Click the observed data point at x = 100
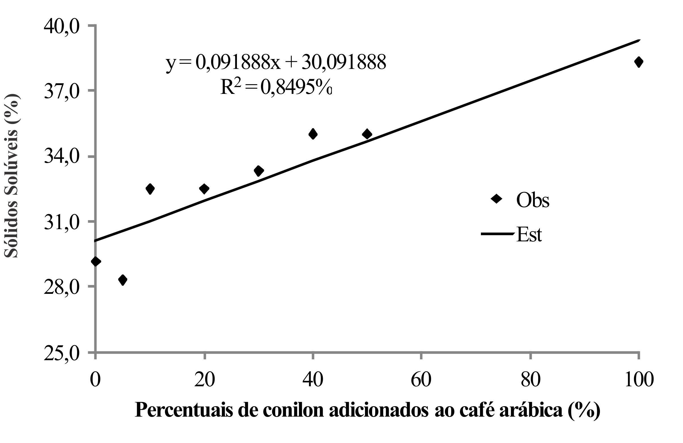[x=639, y=62]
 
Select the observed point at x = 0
[x=96, y=261]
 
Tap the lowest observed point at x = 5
[x=123, y=279]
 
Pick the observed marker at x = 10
[x=150, y=189]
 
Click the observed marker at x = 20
[x=204, y=189]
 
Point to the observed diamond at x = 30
[x=259, y=171]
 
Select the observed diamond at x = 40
[x=313, y=134]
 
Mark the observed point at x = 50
[x=367, y=134]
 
